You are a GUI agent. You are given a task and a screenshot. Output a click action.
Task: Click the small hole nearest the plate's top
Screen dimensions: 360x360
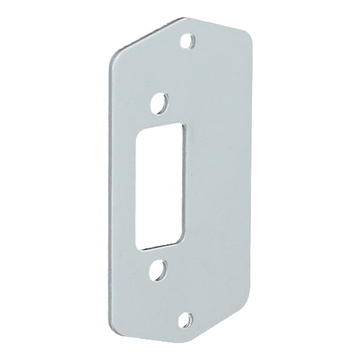pos(189,41)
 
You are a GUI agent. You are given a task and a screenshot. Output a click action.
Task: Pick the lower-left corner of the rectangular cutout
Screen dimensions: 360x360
pos(138,246)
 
